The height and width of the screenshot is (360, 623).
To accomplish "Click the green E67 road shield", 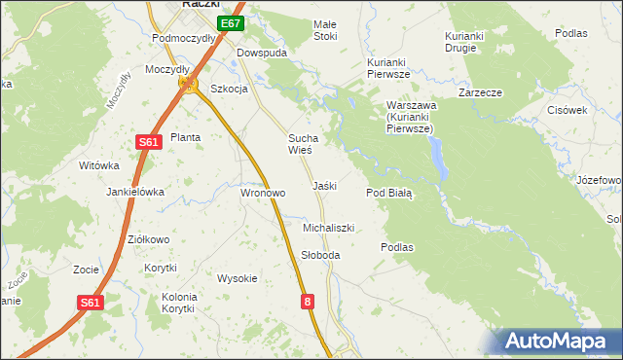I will (230, 23).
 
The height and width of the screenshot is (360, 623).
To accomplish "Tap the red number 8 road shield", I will (309, 303).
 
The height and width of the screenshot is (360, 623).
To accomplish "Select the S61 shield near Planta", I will (147, 142).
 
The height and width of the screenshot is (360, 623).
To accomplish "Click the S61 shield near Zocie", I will (91, 303).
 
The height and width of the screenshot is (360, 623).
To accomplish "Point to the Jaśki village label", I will (324, 185).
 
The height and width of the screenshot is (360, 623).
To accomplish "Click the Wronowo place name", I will (263, 193).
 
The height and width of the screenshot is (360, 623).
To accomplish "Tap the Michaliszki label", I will (328, 228).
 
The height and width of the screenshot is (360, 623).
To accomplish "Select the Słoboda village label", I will (320, 255).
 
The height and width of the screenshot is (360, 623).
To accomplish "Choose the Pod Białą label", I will (389, 193).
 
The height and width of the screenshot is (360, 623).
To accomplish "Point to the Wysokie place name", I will (238, 278).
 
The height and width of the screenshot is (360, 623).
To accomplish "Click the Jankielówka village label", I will (135, 192).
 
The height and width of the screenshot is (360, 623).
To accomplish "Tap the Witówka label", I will (98, 165).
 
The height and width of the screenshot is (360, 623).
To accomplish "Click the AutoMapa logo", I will (559, 341).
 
